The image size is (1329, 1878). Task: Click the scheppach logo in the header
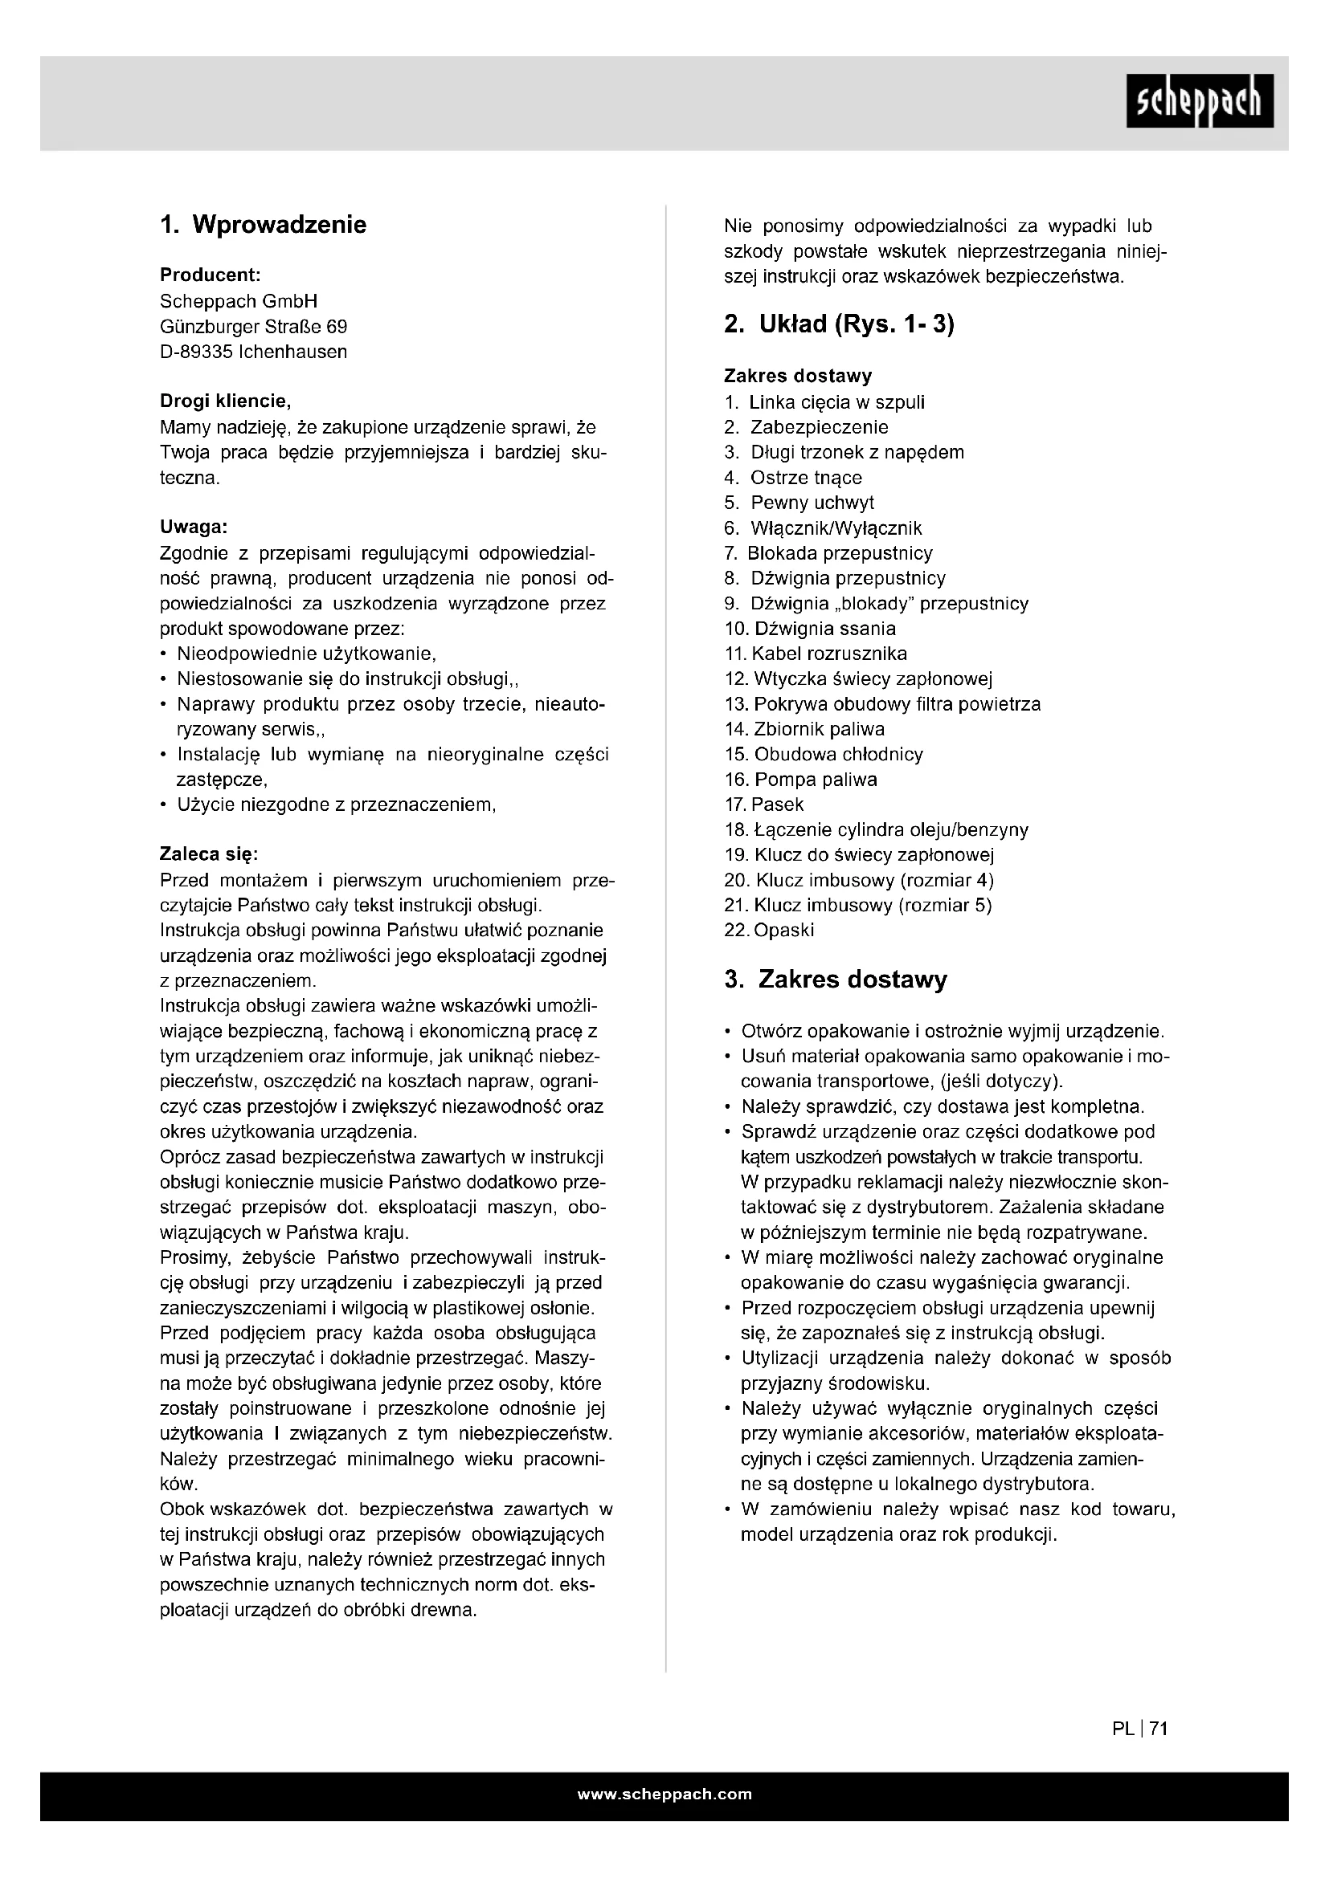tap(1199, 100)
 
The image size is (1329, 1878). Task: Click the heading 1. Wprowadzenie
tap(263, 225)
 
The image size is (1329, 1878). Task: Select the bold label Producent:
tap(210, 275)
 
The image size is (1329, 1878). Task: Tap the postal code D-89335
tap(196, 352)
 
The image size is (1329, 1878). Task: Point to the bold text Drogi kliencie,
tap(225, 401)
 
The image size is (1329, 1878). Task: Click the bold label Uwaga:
tap(193, 527)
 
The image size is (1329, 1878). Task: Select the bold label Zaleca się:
tap(209, 855)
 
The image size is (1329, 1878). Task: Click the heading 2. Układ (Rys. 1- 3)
tap(839, 324)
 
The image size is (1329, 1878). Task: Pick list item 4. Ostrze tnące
tap(792, 478)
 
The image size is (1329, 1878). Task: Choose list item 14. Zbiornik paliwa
tap(804, 730)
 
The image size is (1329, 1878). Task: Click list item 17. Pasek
tap(763, 805)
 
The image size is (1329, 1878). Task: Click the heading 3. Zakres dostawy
tap(836, 980)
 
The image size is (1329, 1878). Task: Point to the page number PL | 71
tap(1140, 1729)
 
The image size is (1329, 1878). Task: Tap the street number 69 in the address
tap(337, 327)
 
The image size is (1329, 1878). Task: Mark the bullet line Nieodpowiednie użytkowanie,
tap(306, 654)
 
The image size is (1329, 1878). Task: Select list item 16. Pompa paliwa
tap(800, 780)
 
